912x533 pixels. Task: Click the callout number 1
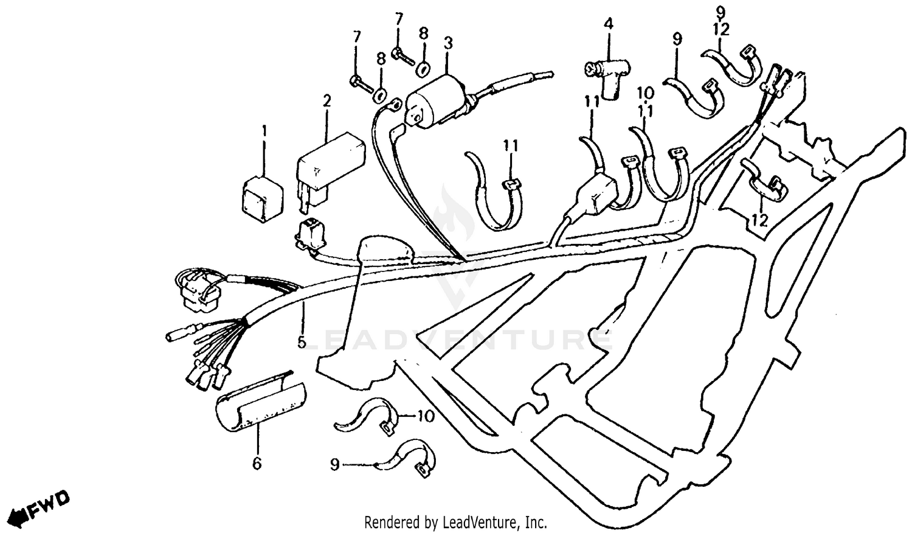coord(264,130)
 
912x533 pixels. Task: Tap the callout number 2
coord(326,101)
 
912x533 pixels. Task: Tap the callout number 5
coord(302,342)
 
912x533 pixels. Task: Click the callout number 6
coord(257,464)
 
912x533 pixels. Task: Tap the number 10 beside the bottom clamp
coord(426,416)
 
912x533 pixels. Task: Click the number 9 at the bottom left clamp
coord(334,465)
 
